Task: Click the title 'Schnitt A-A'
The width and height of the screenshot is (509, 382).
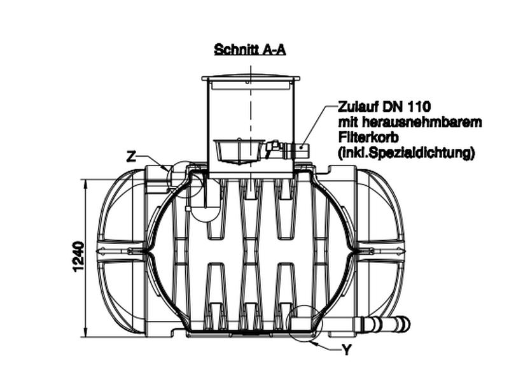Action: click(250, 50)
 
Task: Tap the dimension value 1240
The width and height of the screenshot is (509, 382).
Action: click(78, 257)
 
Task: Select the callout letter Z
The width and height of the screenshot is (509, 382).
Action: click(131, 156)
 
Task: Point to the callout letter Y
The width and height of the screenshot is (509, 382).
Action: click(347, 350)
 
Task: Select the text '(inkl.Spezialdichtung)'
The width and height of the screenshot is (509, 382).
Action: click(406, 153)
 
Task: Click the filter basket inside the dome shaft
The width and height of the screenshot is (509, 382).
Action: click(236, 150)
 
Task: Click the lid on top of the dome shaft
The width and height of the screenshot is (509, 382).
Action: click(250, 78)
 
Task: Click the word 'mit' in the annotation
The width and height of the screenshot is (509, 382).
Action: click(347, 122)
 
